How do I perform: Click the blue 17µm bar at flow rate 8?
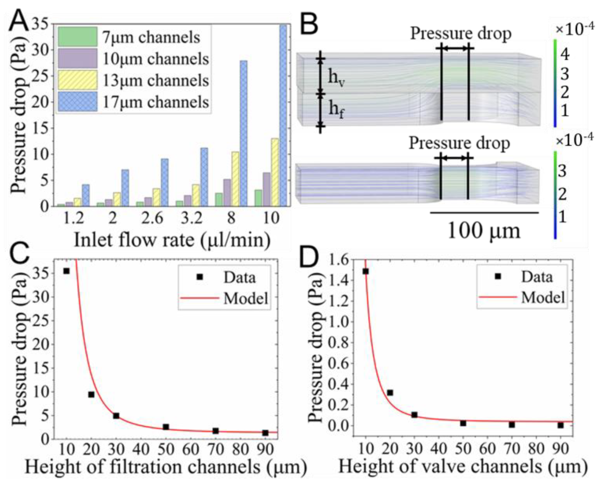pyautogui.click(x=243, y=134)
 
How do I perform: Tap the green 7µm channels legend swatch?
pyautogui.click(x=78, y=37)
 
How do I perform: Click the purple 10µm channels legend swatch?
pyautogui.click(x=78, y=58)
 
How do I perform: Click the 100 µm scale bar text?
pyautogui.click(x=484, y=231)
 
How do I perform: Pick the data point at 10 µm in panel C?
pyautogui.click(x=66, y=271)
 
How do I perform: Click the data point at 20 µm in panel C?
pyautogui.click(x=91, y=394)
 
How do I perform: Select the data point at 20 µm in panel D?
pyautogui.click(x=390, y=393)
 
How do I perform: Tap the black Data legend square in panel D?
pyautogui.click(x=497, y=276)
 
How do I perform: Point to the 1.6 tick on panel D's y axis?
pyautogui.click(x=341, y=260)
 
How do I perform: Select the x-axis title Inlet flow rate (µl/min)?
pyautogui.click(x=172, y=240)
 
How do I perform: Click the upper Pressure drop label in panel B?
pyautogui.click(x=461, y=34)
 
